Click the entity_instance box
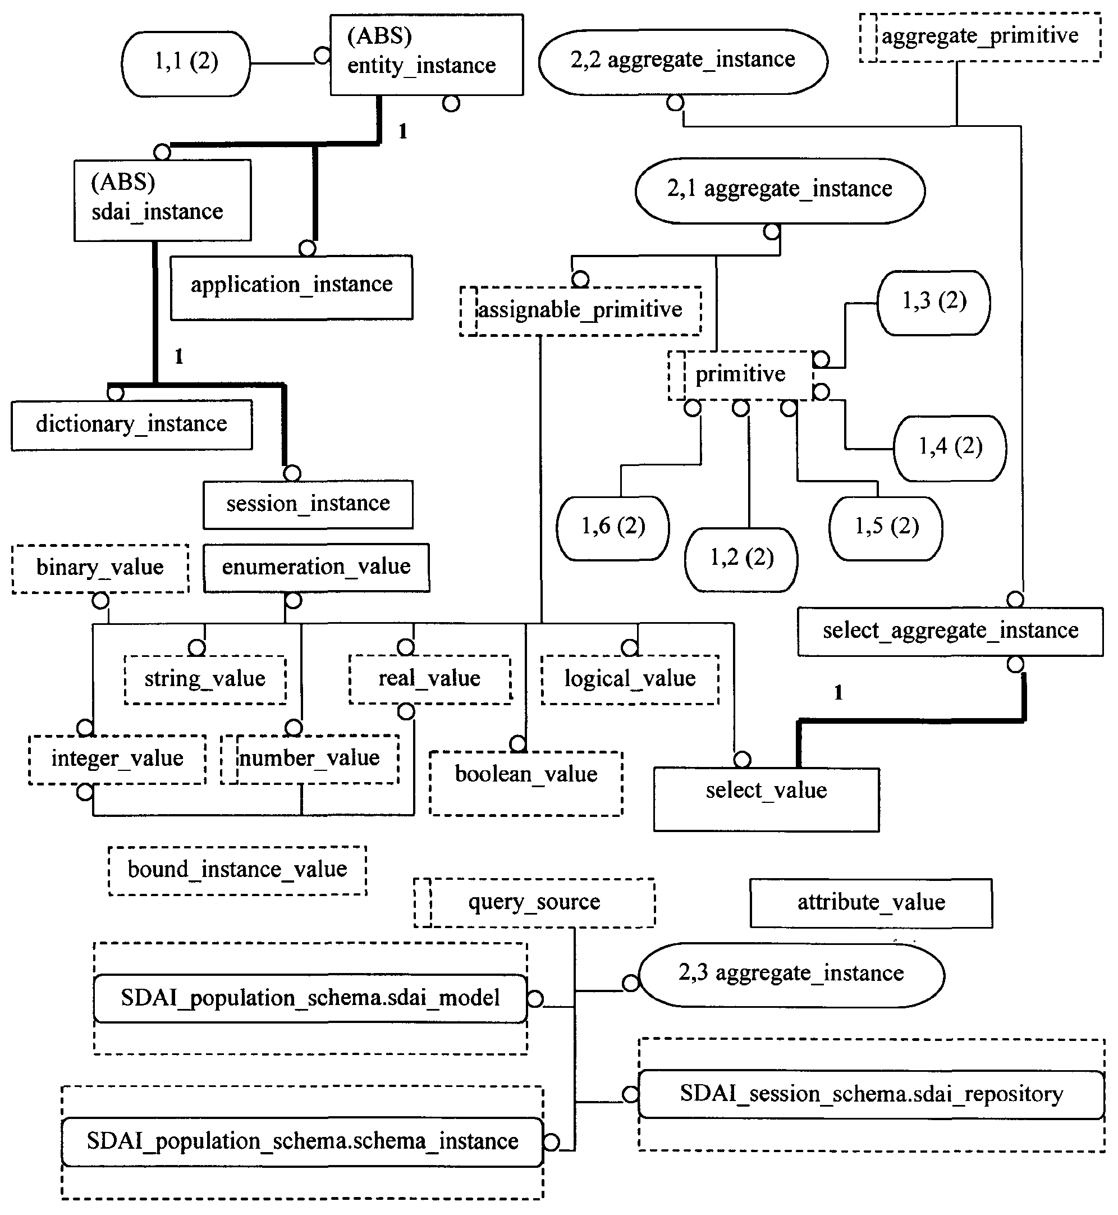click(427, 54)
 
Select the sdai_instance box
click(162, 200)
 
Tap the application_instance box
click(292, 287)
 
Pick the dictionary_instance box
click(132, 425)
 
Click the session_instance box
click(308, 505)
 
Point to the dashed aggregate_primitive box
click(979, 38)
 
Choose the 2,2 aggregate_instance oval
click(683, 62)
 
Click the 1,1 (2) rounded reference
click(186, 63)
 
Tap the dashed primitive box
click(740, 375)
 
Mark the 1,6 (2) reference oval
click(613, 528)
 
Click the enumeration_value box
click(317, 568)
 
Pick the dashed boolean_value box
click(526, 784)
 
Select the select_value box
click(767, 800)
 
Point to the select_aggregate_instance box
click(950, 632)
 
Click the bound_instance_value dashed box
click(237, 871)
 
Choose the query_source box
click(534, 903)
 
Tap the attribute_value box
click(871, 903)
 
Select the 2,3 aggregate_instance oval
click(791, 975)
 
